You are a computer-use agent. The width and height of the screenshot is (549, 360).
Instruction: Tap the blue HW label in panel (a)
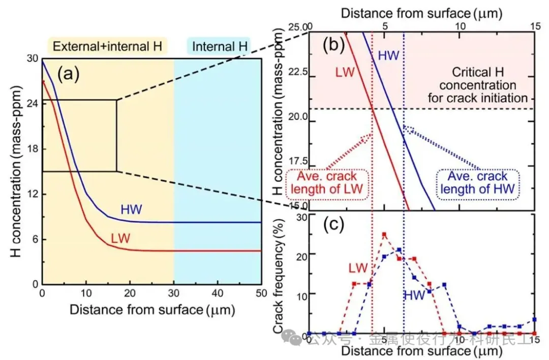click(x=131, y=209)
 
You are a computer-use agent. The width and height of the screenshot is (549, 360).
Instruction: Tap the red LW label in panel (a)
click(x=121, y=238)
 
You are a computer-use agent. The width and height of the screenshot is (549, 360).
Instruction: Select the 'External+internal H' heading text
click(x=108, y=47)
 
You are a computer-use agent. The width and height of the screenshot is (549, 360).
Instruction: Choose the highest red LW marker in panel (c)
click(x=384, y=234)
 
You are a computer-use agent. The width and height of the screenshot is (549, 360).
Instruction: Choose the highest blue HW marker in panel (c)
click(x=399, y=250)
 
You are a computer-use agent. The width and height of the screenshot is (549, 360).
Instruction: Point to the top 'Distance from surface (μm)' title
click(x=420, y=14)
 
